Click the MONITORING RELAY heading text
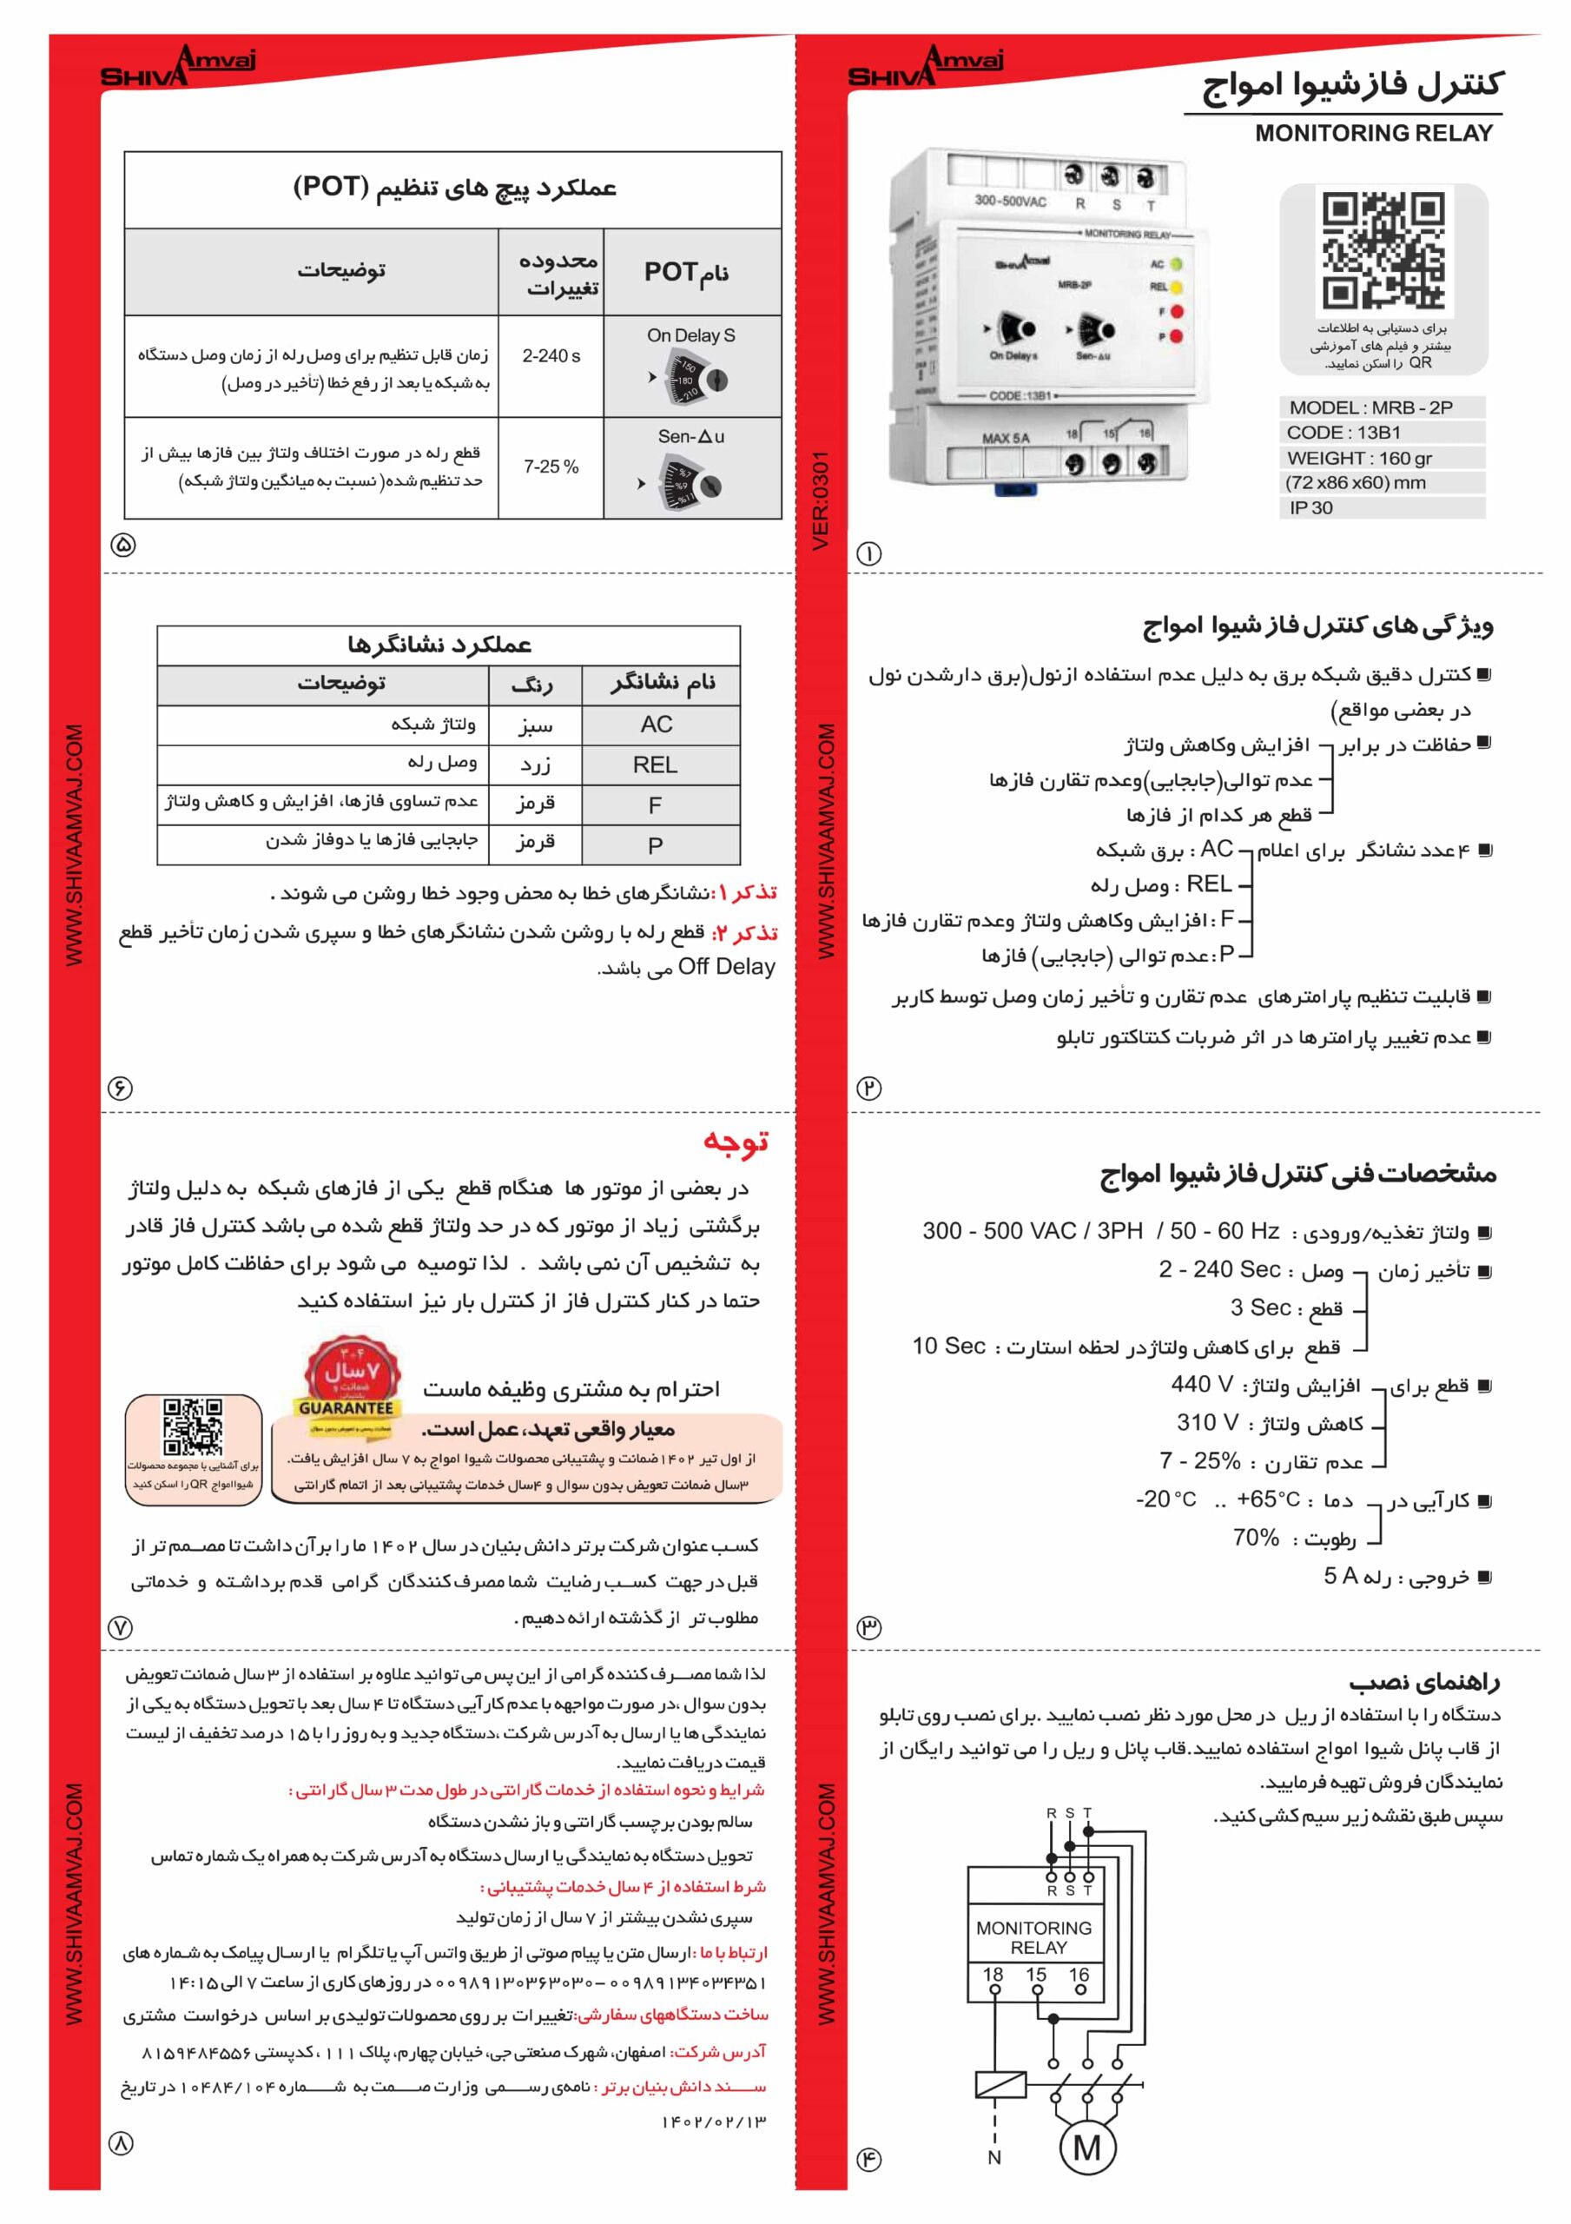(x=1372, y=134)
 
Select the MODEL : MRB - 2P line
(x=1370, y=407)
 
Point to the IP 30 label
(x=1310, y=507)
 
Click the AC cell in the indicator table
(x=656, y=725)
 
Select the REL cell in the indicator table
(x=655, y=765)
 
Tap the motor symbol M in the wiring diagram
(x=1086, y=2148)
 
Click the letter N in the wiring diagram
(x=993, y=2157)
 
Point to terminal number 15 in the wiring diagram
(x=1035, y=1974)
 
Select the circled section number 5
(x=124, y=545)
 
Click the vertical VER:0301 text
(x=822, y=500)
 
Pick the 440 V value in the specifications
(x=1201, y=1384)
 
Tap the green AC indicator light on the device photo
(x=1176, y=263)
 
